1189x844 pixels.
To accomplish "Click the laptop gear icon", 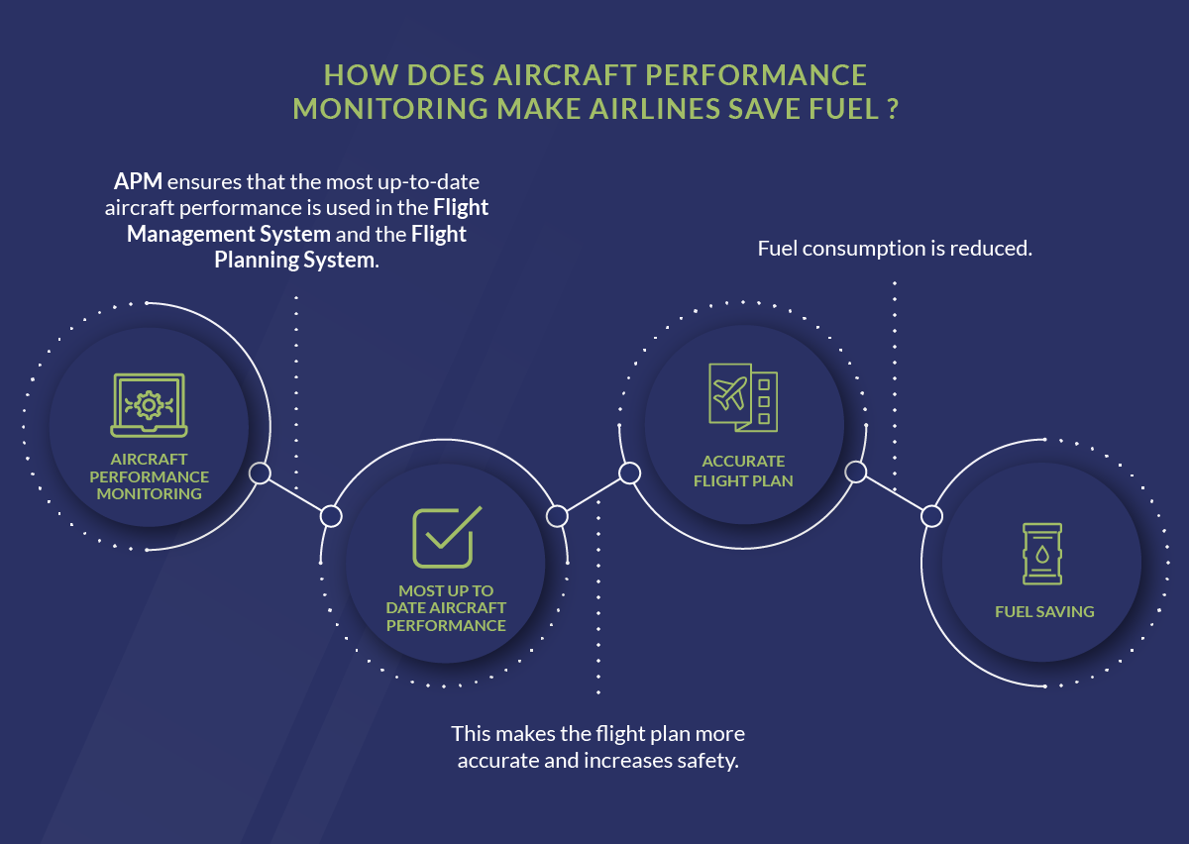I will pyautogui.click(x=149, y=405).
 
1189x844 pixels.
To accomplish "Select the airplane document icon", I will pyautogui.click(x=743, y=397).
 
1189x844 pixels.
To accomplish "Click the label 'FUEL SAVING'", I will pyautogui.click(x=1044, y=612).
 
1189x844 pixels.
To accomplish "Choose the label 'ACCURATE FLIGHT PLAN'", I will pyautogui.click(x=743, y=471).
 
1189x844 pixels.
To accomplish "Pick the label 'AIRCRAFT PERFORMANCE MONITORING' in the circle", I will pyautogui.click(x=149, y=476).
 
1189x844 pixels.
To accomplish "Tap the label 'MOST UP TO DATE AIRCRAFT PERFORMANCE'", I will pyautogui.click(x=446, y=608).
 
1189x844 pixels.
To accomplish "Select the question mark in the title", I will pyautogui.click(x=892, y=107).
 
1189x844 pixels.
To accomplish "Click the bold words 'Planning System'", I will pyautogui.click(x=295, y=260).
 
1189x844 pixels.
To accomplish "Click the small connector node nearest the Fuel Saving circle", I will pyautogui.click(x=930, y=516).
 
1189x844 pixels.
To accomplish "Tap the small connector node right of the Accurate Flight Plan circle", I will pyautogui.click(x=855, y=473).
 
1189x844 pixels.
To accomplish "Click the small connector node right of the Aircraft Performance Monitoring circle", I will pyautogui.click(x=260, y=474).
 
